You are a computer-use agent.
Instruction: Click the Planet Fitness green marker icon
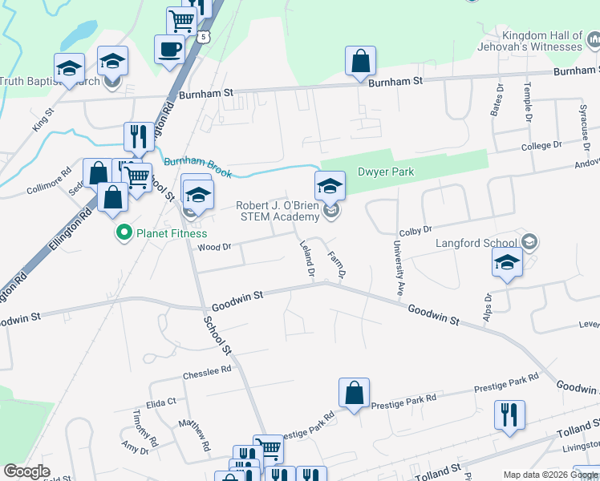click(124, 234)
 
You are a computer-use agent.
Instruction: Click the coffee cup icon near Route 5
click(170, 48)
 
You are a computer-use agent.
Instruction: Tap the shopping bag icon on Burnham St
click(361, 61)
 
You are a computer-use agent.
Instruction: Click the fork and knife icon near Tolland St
click(509, 415)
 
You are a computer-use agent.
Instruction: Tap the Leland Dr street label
click(306, 261)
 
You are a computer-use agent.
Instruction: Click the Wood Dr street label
click(214, 247)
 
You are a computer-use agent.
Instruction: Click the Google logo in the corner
click(27, 471)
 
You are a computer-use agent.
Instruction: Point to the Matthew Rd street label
click(194, 435)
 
